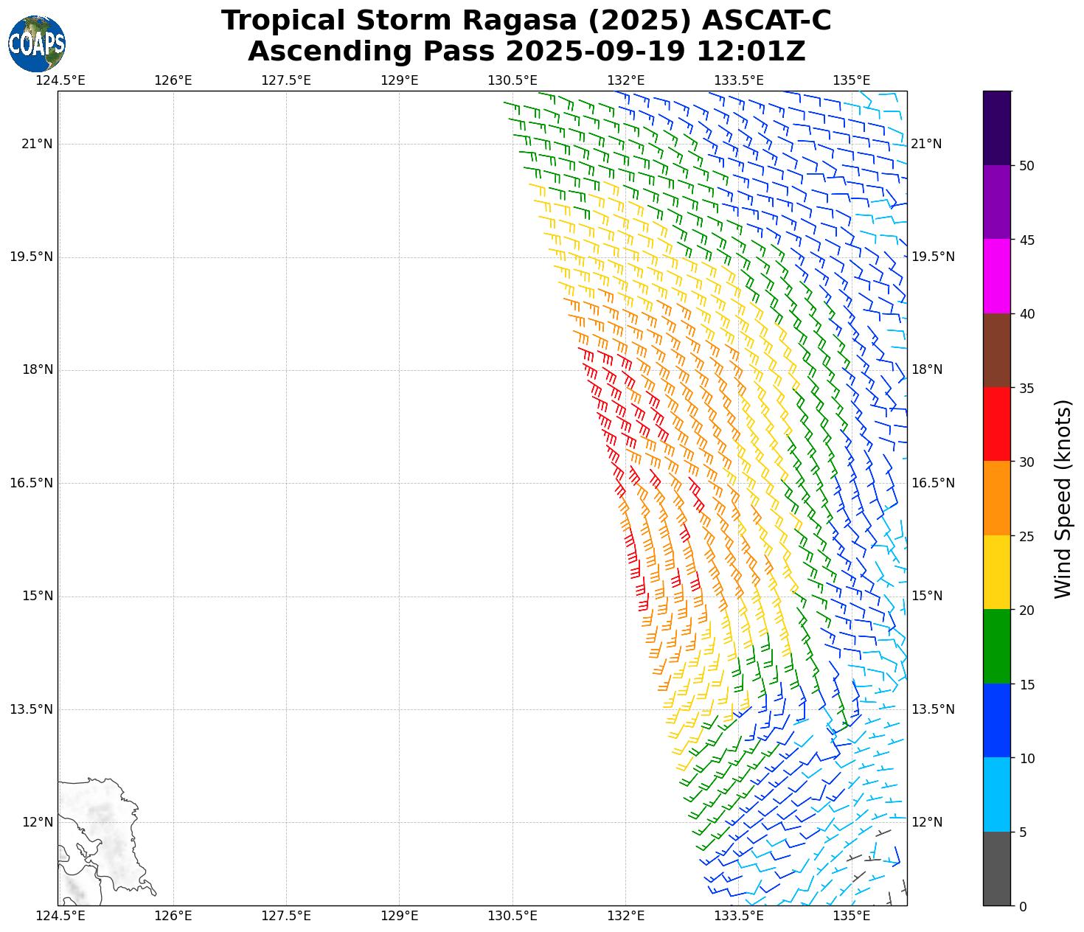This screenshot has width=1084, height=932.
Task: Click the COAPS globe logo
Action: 37,44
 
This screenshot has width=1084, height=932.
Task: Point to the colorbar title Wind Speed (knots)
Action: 1063,498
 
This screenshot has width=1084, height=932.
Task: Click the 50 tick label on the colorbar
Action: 1026,166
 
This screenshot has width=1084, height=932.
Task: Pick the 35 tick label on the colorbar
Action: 1026,389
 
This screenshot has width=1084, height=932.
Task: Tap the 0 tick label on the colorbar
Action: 1023,906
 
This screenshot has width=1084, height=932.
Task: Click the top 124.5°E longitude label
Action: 60,80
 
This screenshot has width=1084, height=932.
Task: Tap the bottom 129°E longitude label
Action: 400,916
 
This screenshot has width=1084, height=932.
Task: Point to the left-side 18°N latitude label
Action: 37,370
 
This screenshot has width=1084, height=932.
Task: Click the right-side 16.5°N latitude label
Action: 934,483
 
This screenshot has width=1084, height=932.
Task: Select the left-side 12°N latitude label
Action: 37,822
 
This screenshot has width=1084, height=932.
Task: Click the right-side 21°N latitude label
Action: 927,144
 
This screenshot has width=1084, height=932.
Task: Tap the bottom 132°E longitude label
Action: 626,916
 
